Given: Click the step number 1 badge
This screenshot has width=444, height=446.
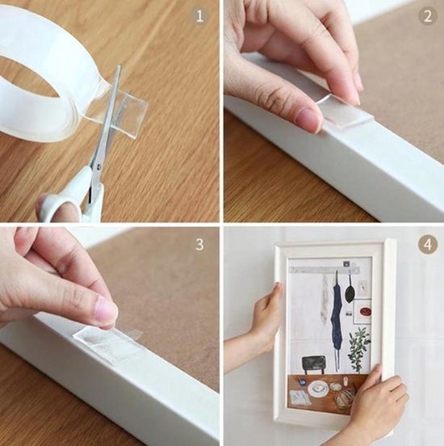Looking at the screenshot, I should pos(199,15).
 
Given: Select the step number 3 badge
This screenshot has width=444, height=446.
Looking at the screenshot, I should pos(199,244).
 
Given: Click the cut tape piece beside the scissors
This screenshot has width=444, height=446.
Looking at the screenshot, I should pos(127,113).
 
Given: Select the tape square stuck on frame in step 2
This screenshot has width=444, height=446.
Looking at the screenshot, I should pos(345,112).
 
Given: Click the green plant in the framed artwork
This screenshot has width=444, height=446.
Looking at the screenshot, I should pos(358,347).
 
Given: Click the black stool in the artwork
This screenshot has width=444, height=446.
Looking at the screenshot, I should pos(313,364).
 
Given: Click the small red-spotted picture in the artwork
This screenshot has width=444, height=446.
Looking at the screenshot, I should pos(366,312).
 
